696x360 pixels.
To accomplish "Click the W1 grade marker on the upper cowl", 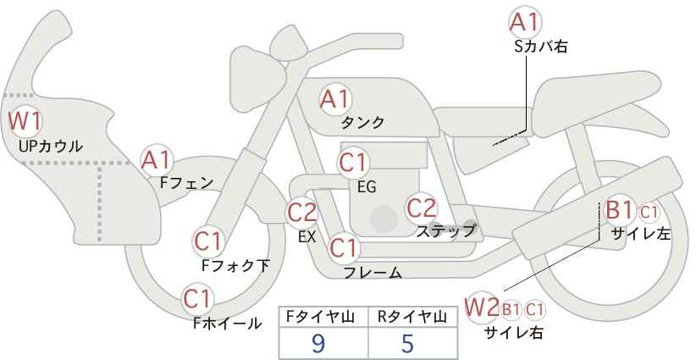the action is click(25, 121).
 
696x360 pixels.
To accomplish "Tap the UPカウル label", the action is click(51, 146).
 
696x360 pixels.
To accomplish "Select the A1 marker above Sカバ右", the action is click(525, 22).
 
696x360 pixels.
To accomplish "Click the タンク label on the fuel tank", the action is click(362, 122).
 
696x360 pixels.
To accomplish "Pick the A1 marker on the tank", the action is click(335, 99).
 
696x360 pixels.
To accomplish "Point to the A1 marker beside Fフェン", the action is click(156, 161).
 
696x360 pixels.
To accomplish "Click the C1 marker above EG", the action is click(353, 163).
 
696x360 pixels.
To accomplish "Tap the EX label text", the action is click(307, 236).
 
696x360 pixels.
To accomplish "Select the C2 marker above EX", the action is click(301, 212).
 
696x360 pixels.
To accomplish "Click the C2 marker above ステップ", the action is click(422, 208).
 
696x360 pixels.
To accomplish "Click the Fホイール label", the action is click(227, 324).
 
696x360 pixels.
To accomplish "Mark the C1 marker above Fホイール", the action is click(198, 300).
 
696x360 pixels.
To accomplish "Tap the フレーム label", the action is click(373, 272).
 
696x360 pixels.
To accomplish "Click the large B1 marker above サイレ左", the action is click(619, 210).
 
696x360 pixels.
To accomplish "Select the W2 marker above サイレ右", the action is click(481, 307).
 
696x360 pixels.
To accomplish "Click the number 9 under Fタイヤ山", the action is click(318, 343).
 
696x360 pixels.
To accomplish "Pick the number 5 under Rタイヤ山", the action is click(407, 343).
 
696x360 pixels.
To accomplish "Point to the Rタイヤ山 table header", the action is click(412, 317).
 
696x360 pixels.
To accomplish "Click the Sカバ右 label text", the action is click(541, 47).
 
